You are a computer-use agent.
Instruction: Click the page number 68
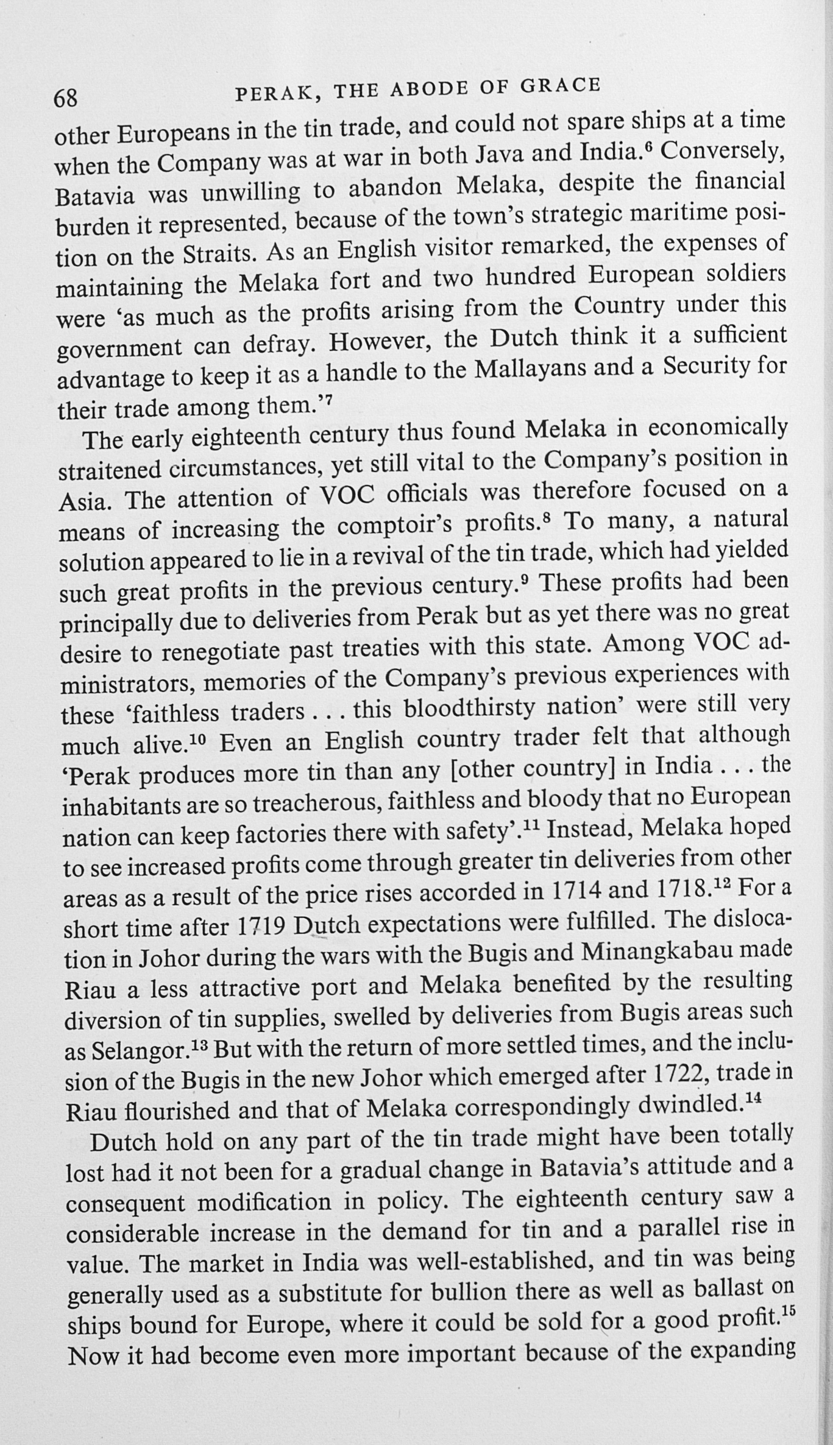(66, 98)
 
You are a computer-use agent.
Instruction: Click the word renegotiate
(218, 652)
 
